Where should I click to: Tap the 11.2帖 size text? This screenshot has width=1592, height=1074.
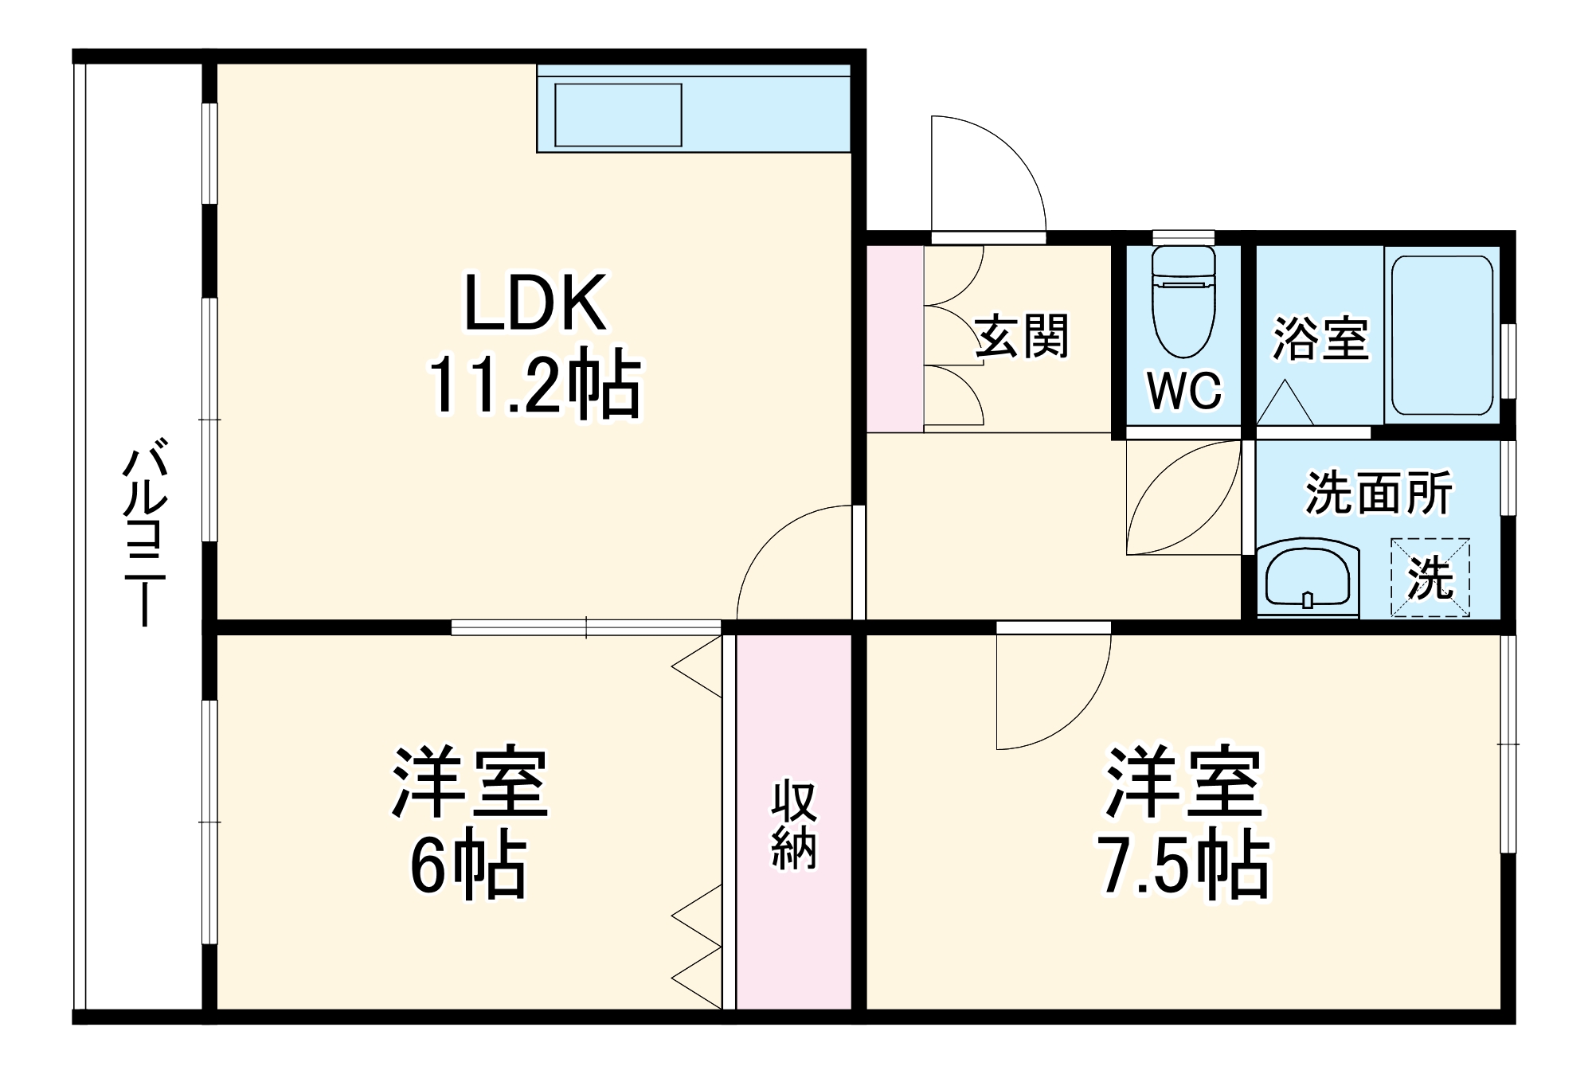[x=534, y=384]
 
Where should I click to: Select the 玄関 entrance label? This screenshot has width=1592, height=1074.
[x=1022, y=337]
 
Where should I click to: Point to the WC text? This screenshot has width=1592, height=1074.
[x=1184, y=390]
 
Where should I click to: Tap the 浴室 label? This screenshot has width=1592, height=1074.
[x=1320, y=338]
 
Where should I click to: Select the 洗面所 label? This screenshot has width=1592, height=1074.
[x=1379, y=493]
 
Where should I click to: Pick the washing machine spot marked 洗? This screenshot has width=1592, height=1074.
[x=1430, y=577]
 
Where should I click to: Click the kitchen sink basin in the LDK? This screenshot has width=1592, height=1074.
[x=618, y=115]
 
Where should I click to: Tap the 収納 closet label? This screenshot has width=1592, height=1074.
[x=793, y=826]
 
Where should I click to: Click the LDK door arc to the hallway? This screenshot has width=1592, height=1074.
[x=792, y=561]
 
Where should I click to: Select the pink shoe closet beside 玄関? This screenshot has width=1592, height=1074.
[x=894, y=339]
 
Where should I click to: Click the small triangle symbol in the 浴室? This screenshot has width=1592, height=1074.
[x=1284, y=404]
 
